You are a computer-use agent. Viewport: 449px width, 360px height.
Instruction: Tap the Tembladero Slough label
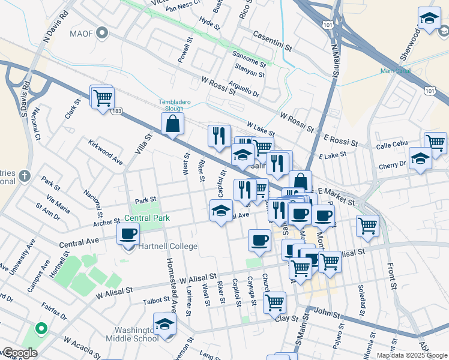[175, 105]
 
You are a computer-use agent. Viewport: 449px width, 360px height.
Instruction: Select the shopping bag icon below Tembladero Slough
[172, 124]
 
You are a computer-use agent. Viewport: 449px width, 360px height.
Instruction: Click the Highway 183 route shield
[117, 111]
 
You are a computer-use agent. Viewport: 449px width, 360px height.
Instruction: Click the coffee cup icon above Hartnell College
[128, 234]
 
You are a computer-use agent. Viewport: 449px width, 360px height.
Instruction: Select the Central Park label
[147, 218]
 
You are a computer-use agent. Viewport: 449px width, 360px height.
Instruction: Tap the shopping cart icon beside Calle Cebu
[435, 143]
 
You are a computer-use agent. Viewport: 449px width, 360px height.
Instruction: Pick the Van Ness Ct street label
[182, 7]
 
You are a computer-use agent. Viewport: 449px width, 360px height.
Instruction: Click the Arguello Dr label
[243, 89]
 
